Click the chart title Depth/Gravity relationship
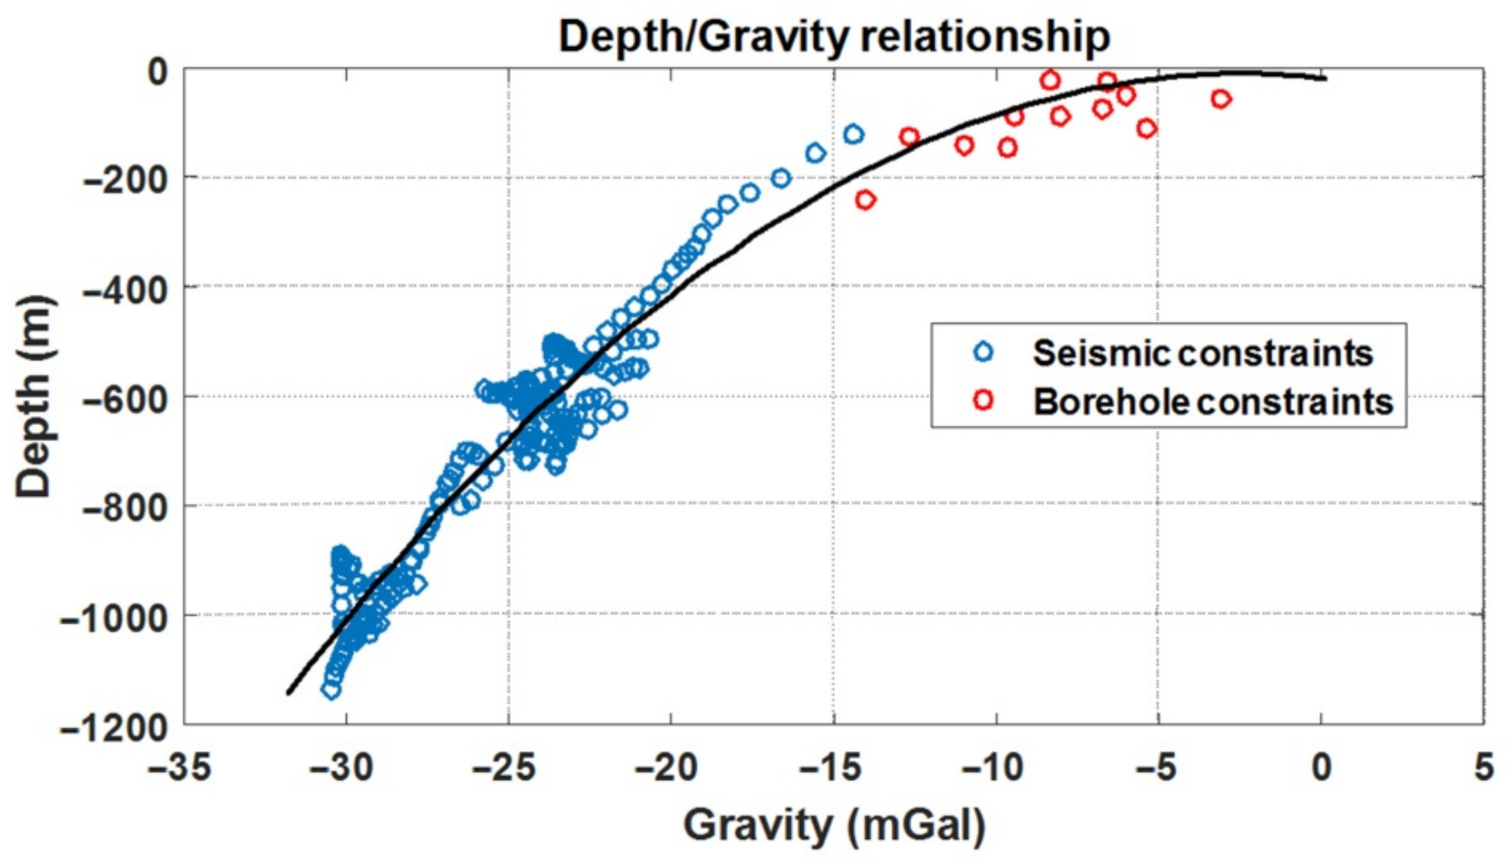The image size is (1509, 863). [834, 37]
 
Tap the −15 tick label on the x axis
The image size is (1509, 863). [831, 768]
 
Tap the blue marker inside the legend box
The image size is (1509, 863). [983, 351]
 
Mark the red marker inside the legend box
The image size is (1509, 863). [983, 400]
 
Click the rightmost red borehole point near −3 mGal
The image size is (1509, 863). [1220, 99]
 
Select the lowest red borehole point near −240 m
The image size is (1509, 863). [866, 200]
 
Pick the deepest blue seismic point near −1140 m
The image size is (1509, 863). [331, 689]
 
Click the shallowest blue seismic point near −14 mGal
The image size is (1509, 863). [853, 134]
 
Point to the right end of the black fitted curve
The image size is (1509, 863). [1325, 79]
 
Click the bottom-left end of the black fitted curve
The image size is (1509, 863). [289, 692]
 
